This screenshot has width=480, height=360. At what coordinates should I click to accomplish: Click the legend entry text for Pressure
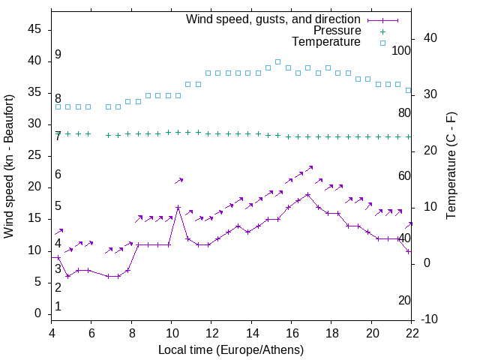point(337,31)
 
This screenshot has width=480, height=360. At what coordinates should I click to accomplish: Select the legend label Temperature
point(326,43)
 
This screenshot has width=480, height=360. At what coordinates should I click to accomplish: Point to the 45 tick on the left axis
point(34,29)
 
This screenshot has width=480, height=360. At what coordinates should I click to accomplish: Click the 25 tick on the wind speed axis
point(34,155)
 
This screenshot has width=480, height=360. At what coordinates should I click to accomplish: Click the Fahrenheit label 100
point(402,50)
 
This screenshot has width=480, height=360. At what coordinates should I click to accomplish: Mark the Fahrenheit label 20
point(405,300)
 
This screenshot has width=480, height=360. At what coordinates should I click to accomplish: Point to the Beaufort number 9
point(58,55)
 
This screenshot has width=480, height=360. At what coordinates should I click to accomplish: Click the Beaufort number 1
point(58,306)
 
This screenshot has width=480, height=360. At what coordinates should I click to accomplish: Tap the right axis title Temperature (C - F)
point(451,166)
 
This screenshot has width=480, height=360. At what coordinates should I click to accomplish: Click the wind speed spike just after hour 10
point(178,207)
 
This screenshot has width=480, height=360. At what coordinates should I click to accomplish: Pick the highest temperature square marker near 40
point(277,62)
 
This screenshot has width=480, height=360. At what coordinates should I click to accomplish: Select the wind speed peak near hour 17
point(308,194)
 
